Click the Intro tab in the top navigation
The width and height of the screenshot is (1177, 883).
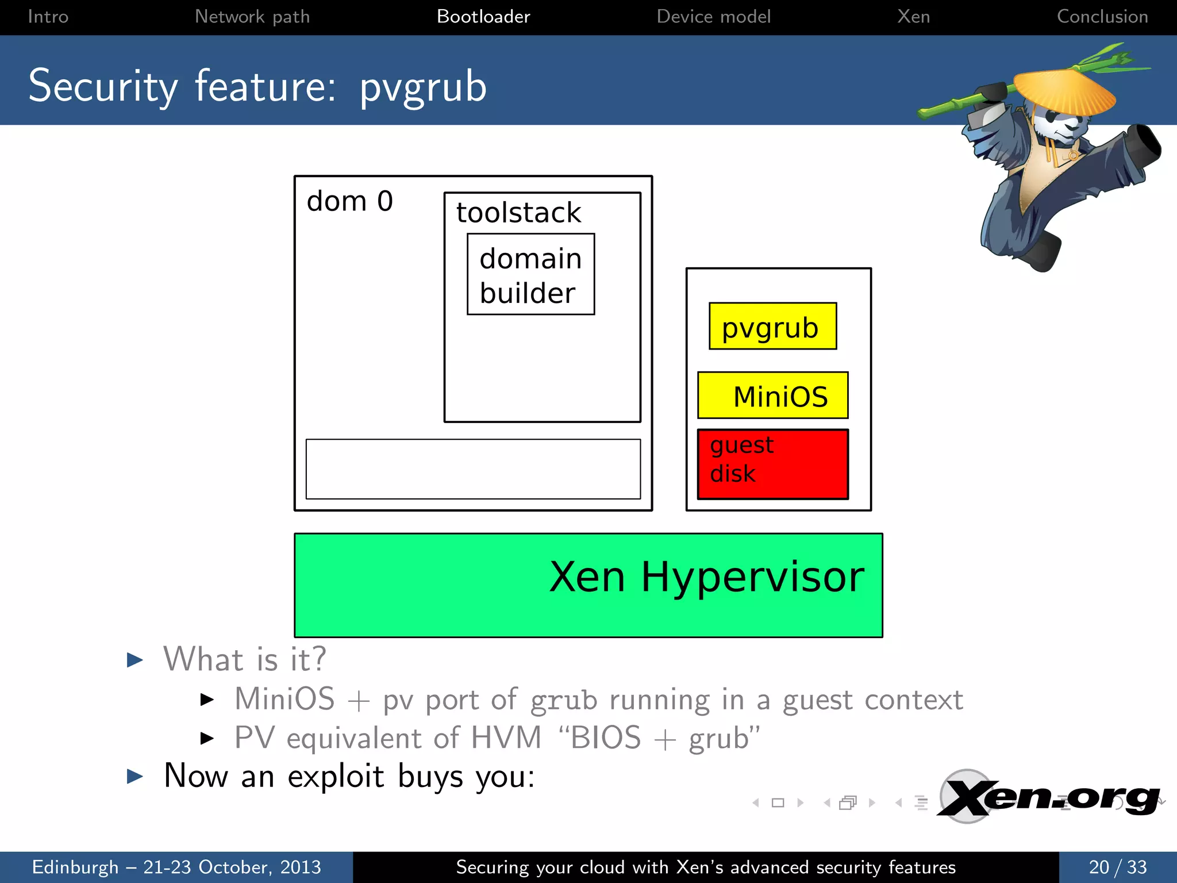click(48, 17)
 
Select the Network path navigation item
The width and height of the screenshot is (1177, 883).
click(252, 17)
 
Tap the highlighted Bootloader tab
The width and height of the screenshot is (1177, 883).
click(483, 17)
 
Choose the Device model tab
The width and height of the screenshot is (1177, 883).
click(713, 17)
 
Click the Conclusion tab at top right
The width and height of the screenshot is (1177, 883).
click(1102, 17)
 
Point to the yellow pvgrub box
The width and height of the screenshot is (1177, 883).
click(772, 327)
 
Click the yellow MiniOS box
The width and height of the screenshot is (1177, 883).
click(772, 396)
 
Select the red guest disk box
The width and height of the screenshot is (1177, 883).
click(772, 464)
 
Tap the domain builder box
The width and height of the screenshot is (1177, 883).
click(530, 275)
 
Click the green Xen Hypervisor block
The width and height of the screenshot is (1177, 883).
click(588, 585)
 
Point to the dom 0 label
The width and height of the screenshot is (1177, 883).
click(349, 201)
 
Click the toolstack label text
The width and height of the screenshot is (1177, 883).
click(518, 213)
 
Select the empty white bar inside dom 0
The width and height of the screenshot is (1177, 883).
click(473, 469)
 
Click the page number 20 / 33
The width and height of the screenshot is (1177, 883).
click(1117, 867)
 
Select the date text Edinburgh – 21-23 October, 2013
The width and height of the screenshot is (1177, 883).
click(176, 867)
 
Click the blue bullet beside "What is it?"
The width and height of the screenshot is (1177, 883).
click(134, 660)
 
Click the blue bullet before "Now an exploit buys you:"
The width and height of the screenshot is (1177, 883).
click(134, 777)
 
